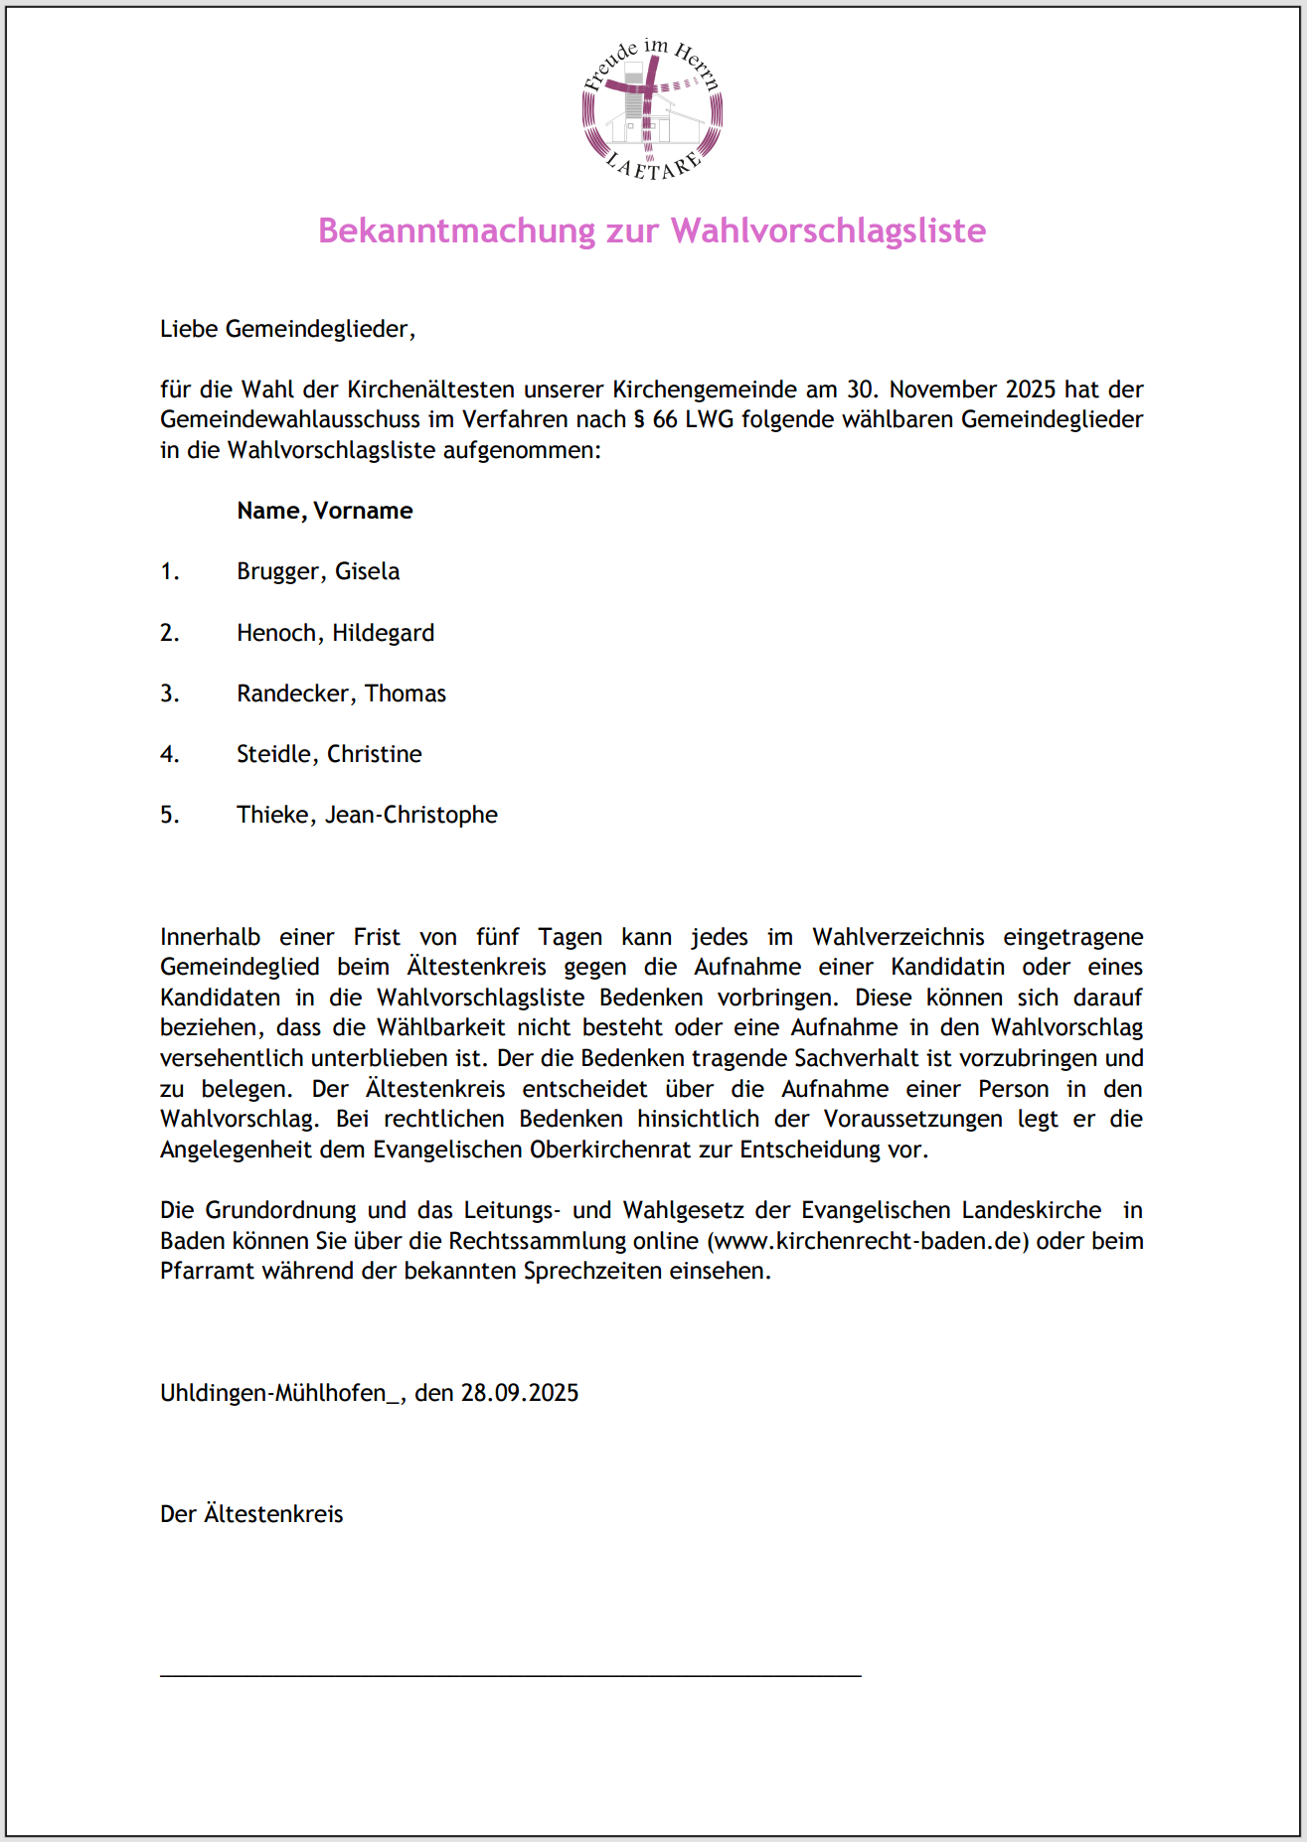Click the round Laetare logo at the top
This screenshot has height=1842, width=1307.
click(652, 109)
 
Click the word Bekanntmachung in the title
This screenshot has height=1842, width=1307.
click(456, 230)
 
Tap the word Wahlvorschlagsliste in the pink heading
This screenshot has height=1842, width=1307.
click(828, 230)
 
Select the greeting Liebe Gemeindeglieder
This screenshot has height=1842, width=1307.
click(287, 329)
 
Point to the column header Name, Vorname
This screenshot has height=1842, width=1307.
click(324, 511)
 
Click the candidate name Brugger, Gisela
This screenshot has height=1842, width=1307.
click(318, 571)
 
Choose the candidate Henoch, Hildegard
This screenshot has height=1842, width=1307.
click(335, 633)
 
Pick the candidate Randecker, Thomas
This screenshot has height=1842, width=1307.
click(341, 693)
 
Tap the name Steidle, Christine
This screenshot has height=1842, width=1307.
click(329, 754)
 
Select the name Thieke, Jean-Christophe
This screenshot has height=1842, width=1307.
click(367, 815)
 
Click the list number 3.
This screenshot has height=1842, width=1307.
click(170, 693)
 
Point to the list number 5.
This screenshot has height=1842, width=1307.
click(170, 815)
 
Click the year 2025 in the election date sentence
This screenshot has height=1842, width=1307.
click(1030, 389)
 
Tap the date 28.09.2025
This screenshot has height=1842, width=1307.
click(519, 1393)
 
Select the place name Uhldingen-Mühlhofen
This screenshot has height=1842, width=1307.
click(272, 1393)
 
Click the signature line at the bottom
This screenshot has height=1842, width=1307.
click(510, 1676)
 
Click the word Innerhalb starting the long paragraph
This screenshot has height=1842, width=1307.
click(210, 937)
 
